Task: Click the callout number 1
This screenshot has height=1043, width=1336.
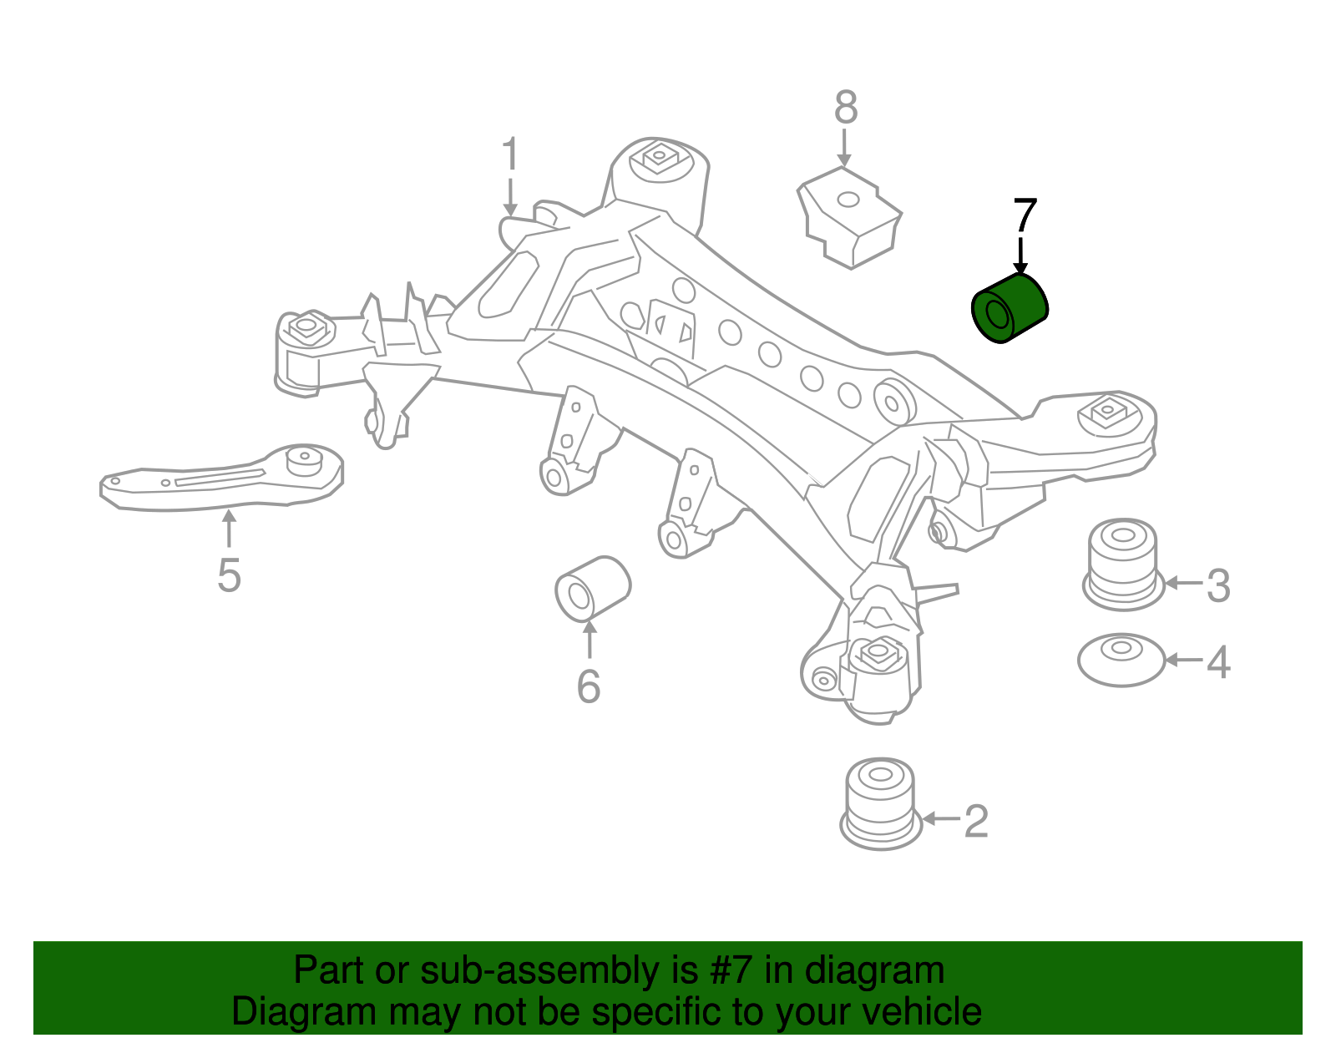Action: point(510,155)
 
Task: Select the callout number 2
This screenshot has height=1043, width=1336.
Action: point(976,822)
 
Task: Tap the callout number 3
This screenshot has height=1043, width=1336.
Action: point(1218,585)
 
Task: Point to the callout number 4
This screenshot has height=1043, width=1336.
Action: point(1218,662)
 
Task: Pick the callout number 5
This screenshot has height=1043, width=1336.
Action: point(229,575)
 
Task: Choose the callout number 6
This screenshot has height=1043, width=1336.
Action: point(589,686)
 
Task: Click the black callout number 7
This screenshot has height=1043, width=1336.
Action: point(1025,215)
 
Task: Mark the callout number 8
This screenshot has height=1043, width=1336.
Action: point(846,109)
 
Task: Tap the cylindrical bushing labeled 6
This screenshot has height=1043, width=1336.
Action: point(593,589)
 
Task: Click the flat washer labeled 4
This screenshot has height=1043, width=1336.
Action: point(1121,660)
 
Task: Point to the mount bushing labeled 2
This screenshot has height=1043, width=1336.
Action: point(881,803)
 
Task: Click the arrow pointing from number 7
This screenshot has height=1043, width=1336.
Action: point(1020,255)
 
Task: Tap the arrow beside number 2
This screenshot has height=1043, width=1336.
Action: point(939,818)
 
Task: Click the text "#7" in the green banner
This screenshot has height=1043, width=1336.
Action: point(731,970)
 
